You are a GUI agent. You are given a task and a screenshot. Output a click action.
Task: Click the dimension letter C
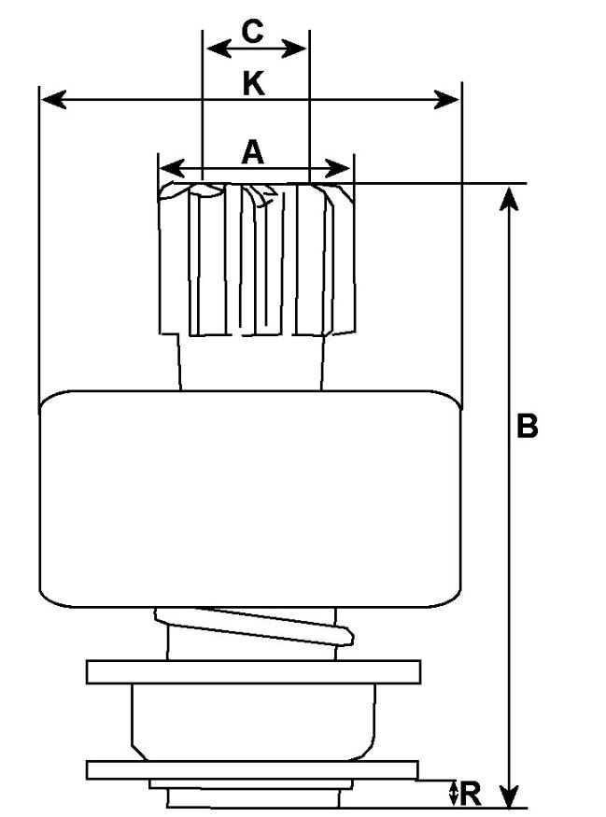pos(253,31)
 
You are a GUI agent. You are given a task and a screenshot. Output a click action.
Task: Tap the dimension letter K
pos(253,84)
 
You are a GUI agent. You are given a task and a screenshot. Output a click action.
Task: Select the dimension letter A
pos(252,151)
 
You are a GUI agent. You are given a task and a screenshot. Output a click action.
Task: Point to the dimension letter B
pos(528,427)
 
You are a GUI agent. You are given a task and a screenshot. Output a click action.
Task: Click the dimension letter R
pos(471,795)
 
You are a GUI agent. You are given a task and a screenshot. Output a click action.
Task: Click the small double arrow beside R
pos(454,795)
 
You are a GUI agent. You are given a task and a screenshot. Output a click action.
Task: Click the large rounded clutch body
pos(249,495)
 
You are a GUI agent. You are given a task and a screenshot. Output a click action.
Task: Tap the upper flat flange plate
pos(252,671)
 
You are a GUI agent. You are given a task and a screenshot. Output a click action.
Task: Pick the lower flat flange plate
pos(252,769)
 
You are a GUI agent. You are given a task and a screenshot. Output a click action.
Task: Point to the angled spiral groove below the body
pos(271,626)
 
